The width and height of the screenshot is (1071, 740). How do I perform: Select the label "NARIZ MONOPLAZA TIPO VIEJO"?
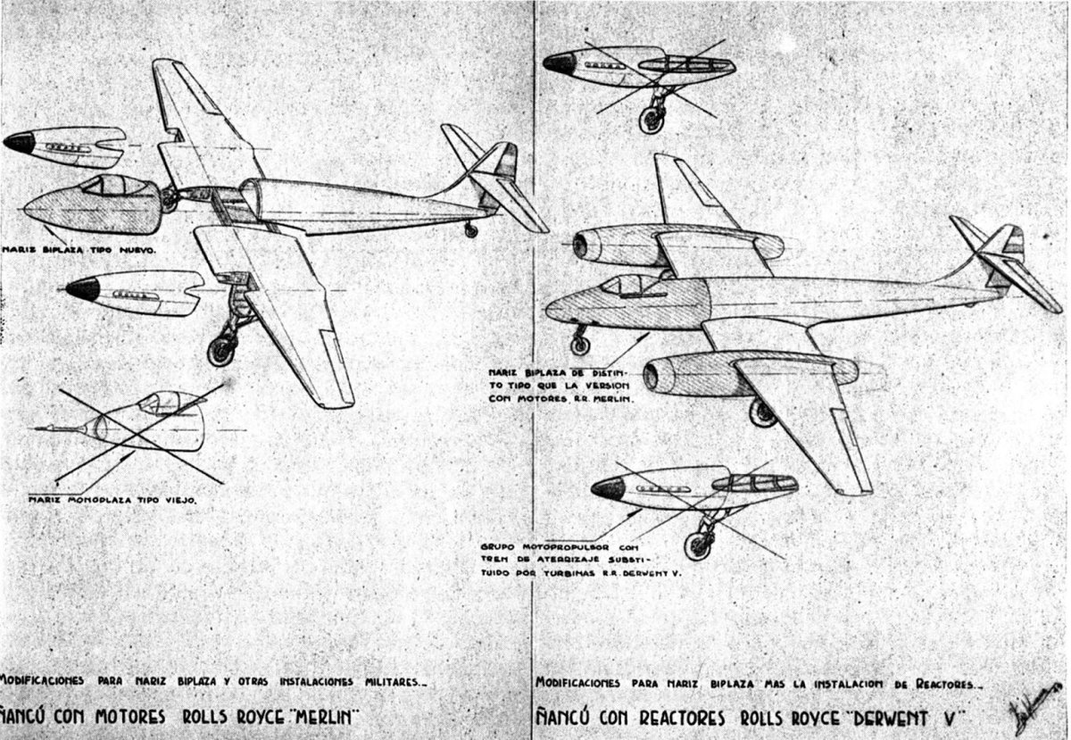pyautogui.click(x=112, y=500)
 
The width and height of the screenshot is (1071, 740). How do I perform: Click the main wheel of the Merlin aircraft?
pyautogui.click(x=221, y=351)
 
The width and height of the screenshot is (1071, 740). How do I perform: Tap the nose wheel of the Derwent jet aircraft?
pyautogui.click(x=580, y=344)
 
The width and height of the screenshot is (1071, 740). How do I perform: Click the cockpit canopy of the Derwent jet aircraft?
pyautogui.click(x=629, y=284)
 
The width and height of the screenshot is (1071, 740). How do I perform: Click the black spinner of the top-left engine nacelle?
pyautogui.click(x=19, y=142)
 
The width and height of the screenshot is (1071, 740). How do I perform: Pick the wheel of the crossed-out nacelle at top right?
pyautogui.click(x=652, y=120)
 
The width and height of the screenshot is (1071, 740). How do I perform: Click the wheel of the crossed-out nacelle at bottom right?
pyautogui.click(x=698, y=545)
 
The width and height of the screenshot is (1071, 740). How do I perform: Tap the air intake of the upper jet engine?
pyautogui.click(x=581, y=245)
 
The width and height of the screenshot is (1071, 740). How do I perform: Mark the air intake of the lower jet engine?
pyautogui.click(x=651, y=377)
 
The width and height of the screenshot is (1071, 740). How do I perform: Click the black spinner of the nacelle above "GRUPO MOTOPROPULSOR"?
pyautogui.click(x=608, y=488)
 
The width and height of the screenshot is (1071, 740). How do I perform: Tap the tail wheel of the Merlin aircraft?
pyautogui.click(x=471, y=231)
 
